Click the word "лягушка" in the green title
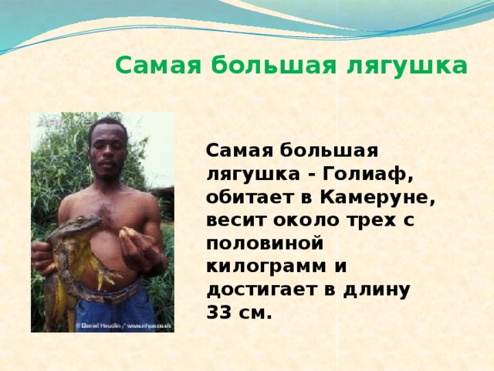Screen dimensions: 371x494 point(410,65)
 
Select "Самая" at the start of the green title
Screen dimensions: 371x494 point(150,65)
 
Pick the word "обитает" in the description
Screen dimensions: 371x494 point(245,196)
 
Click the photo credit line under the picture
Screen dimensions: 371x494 point(123,325)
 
